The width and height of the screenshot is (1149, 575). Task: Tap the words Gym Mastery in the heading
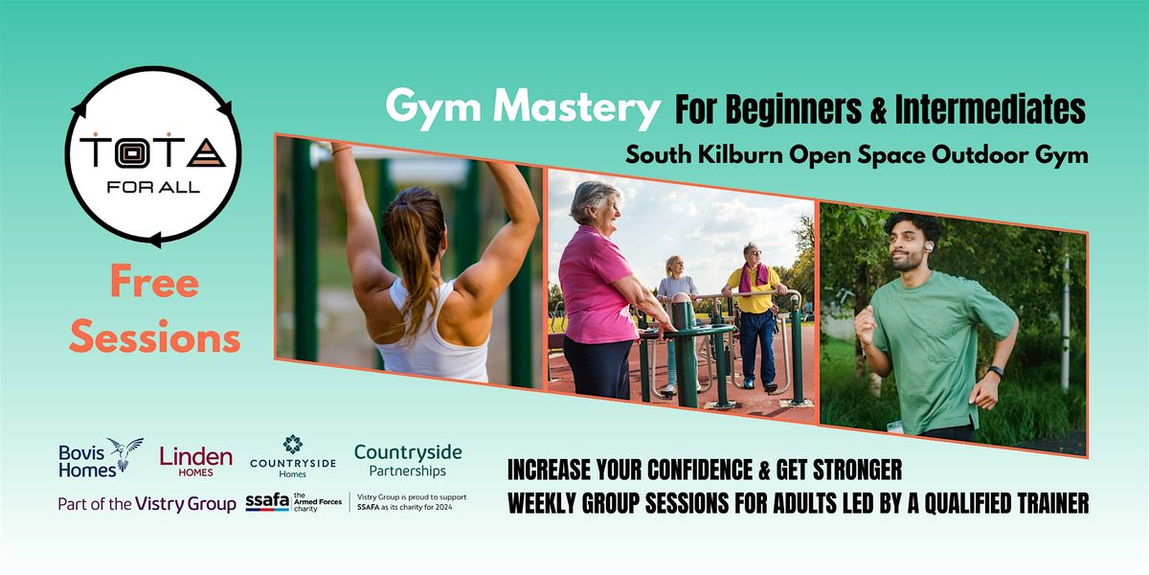pos(523,108)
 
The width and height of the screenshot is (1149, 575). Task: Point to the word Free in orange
pos(154,284)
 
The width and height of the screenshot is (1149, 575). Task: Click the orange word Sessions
pos(154,337)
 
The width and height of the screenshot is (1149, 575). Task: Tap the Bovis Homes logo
pos(100,457)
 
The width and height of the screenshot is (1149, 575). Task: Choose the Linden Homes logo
pos(195,461)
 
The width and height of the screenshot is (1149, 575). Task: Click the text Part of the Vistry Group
pos(146,504)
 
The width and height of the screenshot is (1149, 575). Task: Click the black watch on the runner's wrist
pos(996,372)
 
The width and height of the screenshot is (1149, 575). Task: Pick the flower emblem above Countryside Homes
pos(292,444)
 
